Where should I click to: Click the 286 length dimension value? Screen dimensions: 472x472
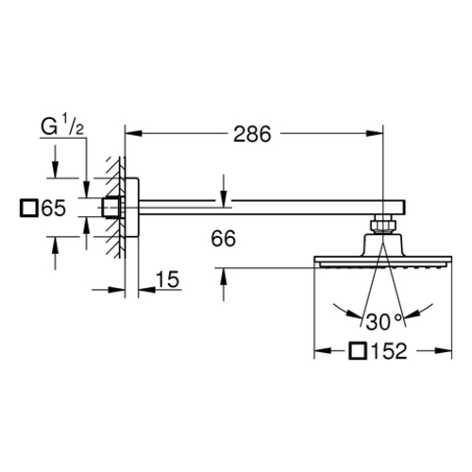coord(252,134)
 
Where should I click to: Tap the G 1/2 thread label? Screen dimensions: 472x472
coord(62,126)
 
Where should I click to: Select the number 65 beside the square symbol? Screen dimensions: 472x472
coord(54,208)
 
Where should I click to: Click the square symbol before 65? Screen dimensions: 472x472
coord(29,208)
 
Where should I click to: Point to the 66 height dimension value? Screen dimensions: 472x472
coord(223,239)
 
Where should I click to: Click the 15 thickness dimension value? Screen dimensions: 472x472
coord(168,279)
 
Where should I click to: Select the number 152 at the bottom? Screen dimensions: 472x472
coord(389,351)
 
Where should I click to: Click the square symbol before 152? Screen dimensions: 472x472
coord(358,351)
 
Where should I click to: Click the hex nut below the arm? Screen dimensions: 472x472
coord(382,225)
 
